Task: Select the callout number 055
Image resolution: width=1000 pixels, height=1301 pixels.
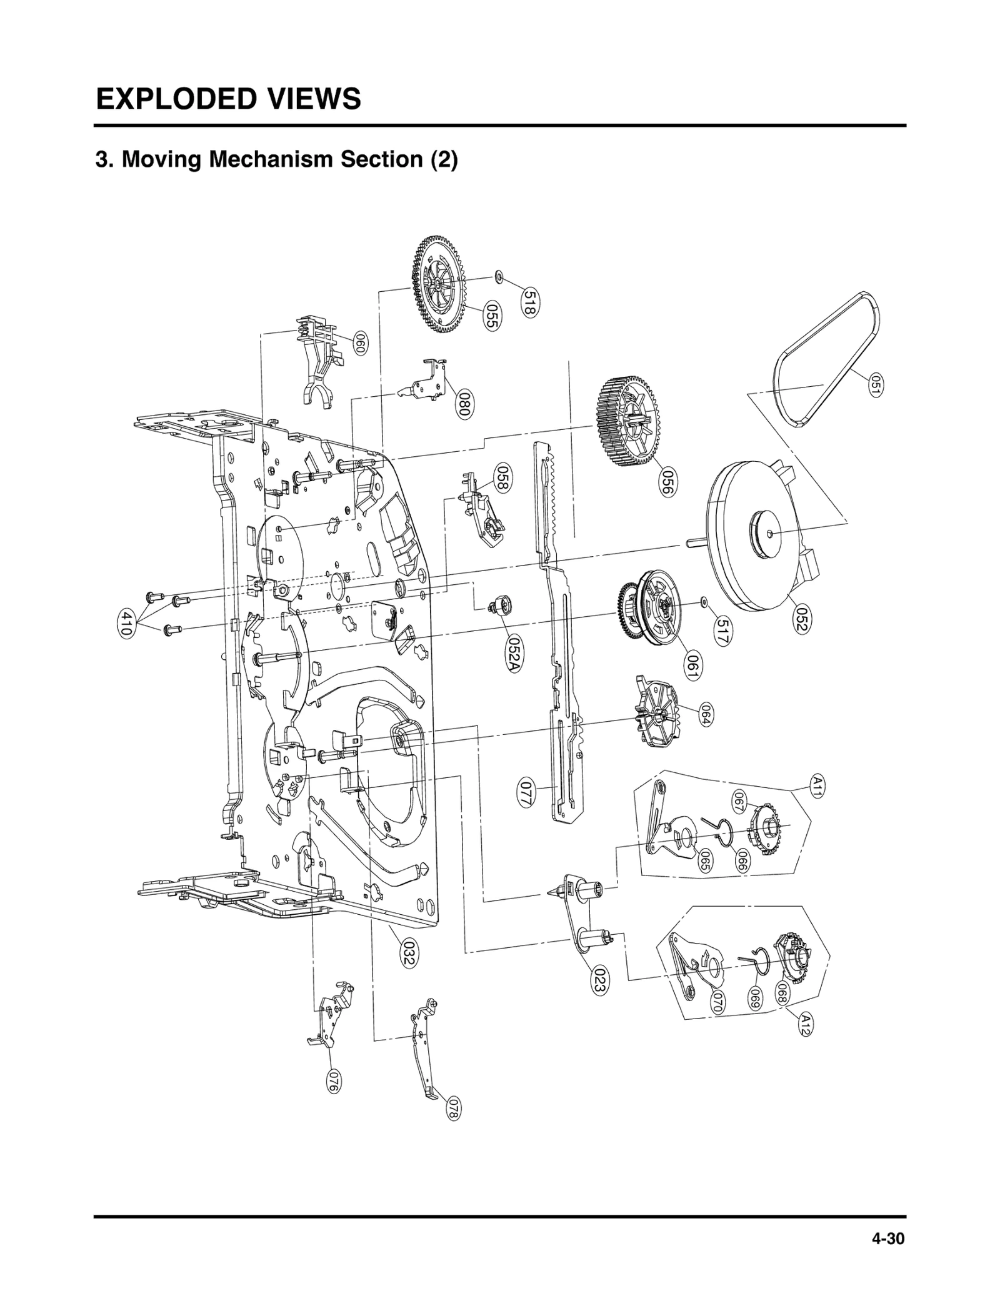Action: tap(492, 317)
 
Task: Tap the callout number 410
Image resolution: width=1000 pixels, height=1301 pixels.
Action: tap(125, 624)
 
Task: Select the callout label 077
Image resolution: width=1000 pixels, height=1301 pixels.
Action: tap(526, 793)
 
